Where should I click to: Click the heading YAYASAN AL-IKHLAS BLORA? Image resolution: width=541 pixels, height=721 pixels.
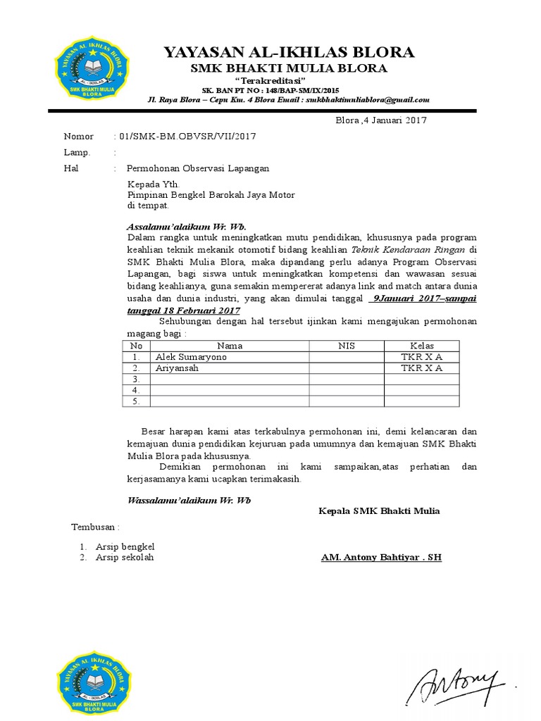click(x=289, y=52)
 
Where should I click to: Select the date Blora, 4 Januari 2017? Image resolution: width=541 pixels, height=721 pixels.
click(x=380, y=120)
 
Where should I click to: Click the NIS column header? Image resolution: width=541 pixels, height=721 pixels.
click(x=346, y=346)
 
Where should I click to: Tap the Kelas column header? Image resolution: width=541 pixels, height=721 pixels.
click(x=422, y=346)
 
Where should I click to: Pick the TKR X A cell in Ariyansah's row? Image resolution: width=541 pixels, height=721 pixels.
click(x=422, y=368)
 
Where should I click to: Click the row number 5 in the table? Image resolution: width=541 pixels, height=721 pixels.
click(x=136, y=401)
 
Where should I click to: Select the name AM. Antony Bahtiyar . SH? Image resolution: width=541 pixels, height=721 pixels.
click(x=381, y=557)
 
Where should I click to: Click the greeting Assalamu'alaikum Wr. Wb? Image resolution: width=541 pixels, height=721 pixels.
click(x=186, y=227)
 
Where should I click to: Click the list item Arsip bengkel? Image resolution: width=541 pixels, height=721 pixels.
click(x=125, y=546)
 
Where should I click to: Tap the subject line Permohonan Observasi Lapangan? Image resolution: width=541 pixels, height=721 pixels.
click(x=197, y=168)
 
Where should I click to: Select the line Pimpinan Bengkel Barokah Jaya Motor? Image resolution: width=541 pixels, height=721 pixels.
click(x=211, y=195)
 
